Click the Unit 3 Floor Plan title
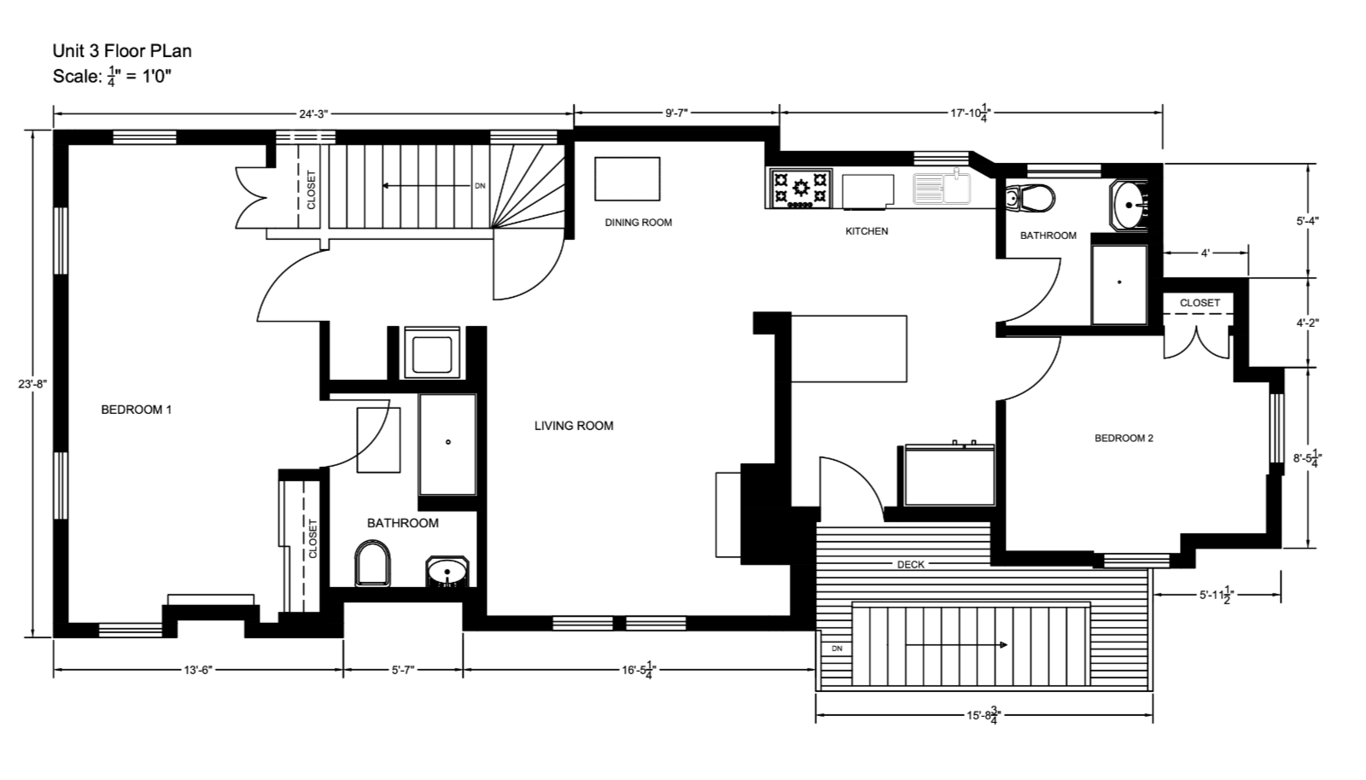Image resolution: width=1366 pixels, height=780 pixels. [x=122, y=51]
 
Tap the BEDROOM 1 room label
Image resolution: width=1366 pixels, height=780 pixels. [x=137, y=410]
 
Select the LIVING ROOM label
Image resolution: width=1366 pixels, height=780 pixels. [x=574, y=426]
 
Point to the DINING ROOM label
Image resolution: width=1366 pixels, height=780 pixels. [x=638, y=223]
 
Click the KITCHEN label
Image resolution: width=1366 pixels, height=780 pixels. [x=867, y=231]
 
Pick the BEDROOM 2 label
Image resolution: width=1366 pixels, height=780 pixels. [x=1124, y=439]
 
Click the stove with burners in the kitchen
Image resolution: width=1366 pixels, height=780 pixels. [x=801, y=189]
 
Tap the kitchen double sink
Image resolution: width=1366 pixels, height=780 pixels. [x=943, y=189]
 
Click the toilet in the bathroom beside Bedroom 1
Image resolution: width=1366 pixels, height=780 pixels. [x=372, y=566]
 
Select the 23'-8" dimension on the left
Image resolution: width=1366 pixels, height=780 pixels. [x=32, y=384]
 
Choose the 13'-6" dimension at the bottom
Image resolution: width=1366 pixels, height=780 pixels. [x=197, y=671]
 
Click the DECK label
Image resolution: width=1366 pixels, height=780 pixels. [x=911, y=564]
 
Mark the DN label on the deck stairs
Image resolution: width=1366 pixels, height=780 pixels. [x=837, y=649]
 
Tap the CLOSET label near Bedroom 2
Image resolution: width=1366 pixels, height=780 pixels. [x=1200, y=303]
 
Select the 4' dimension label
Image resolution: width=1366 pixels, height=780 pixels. [x=1205, y=253]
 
